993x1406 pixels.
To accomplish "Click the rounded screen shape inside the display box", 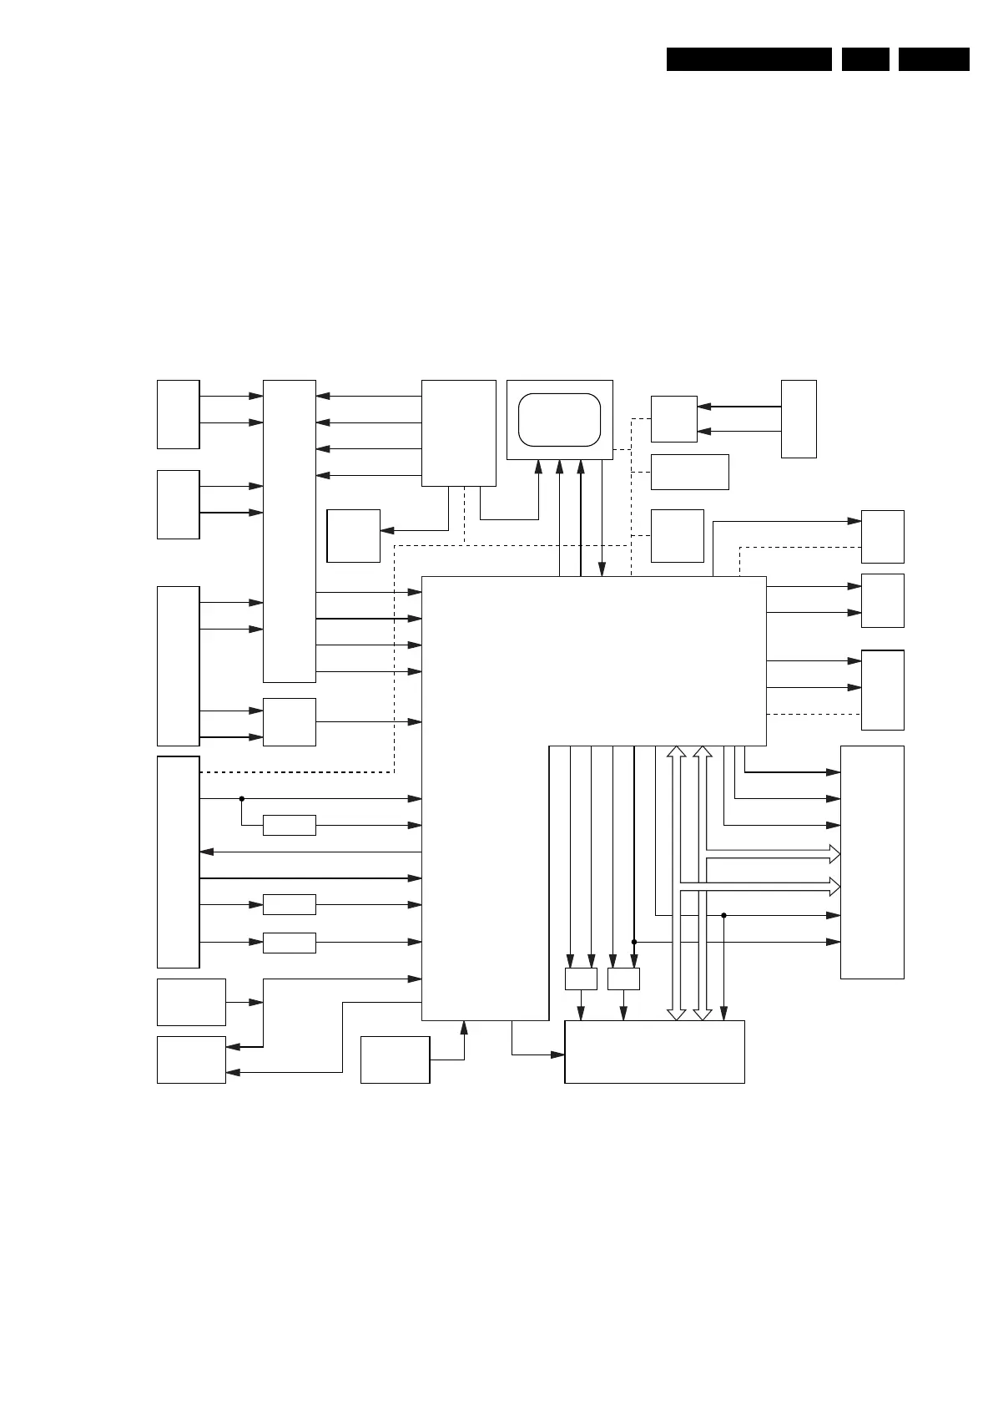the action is [559, 419].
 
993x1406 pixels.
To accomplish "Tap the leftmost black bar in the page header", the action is [749, 59].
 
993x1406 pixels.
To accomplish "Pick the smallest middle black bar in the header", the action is [864, 59].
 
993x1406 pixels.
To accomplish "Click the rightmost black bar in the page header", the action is [934, 59].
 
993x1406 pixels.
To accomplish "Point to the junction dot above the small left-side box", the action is [241, 798].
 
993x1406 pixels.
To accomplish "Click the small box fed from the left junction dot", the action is [289, 825].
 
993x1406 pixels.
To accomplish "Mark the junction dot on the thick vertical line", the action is [634, 942].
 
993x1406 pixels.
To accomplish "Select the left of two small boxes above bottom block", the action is [581, 979].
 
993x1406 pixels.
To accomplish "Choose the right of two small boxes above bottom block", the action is [623, 979].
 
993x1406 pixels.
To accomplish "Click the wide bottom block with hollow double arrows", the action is [654, 1052].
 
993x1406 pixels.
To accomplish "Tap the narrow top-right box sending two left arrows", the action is [798, 418].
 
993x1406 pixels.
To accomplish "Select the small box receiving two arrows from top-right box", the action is [673, 419].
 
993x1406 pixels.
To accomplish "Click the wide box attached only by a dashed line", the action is [689, 472].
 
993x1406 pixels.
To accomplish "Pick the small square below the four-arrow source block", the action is [353, 535].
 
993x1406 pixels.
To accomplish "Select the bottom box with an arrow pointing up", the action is [395, 1060].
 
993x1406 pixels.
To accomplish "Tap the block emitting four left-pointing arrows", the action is [458, 432].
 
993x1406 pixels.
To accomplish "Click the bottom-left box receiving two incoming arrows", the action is [191, 1060].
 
